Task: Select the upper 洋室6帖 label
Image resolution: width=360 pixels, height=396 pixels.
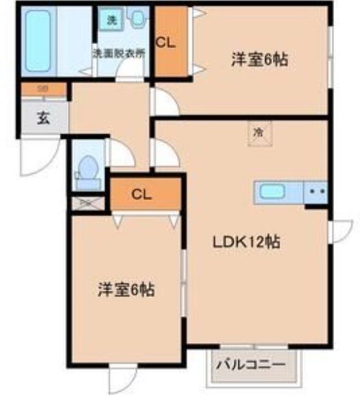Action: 258,60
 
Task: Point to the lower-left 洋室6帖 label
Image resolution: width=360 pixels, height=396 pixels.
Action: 125,289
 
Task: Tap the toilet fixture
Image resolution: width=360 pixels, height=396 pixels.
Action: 88,170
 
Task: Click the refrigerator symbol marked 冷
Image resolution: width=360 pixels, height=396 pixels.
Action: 258,131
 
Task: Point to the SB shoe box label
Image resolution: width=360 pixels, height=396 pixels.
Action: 43,89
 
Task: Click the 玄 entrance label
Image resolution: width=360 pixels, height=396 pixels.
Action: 43,118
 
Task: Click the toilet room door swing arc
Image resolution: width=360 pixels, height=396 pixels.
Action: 119,153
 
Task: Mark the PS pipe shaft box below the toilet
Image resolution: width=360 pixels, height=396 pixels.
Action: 87,203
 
